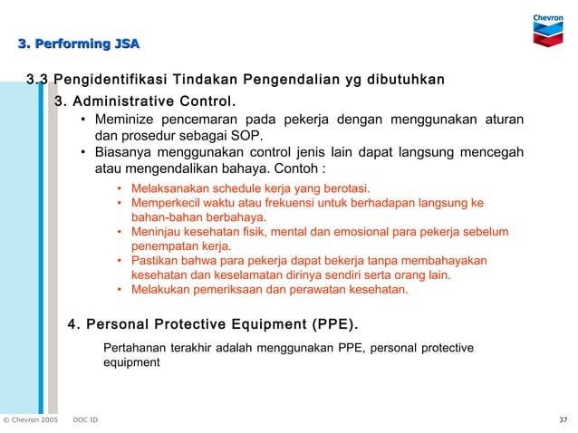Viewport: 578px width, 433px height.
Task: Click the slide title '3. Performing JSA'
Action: point(79,43)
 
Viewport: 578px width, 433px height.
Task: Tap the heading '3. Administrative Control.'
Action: point(145,100)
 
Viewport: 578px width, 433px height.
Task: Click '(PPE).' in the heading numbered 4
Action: point(334,323)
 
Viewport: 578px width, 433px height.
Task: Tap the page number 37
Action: point(563,420)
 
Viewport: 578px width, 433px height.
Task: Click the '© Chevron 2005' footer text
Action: point(30,420)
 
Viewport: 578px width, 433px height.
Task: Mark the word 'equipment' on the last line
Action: point(132,362)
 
